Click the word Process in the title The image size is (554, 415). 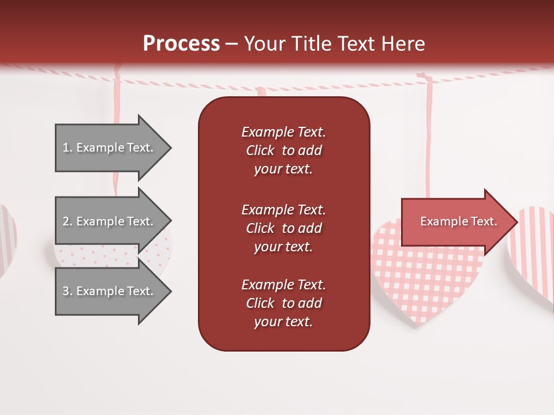pos(181,43)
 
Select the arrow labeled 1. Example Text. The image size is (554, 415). pos(110,148)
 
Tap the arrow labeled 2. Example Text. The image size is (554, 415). pos(110,221)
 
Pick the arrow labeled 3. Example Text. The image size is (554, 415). pos(110,291)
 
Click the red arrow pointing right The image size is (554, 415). pos(456,221)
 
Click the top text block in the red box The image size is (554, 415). pos(283,150)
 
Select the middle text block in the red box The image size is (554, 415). pos(283,228)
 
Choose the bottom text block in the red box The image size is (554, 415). pos(283,303)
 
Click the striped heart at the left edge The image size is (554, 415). pos(7,236)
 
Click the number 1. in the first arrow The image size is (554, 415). pos(68,148)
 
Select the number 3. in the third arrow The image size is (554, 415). pos(68,291)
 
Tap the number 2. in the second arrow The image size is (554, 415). pos(68,221)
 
